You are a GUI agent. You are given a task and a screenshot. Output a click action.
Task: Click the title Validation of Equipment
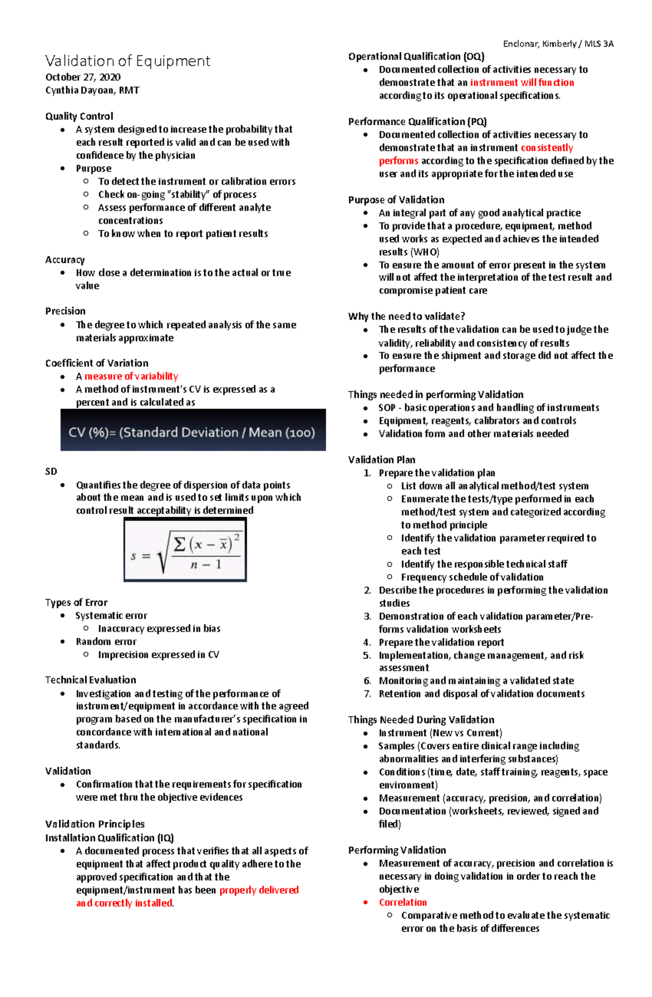[x=128, y=61]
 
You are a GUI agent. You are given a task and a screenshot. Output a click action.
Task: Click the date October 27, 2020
[x=83, y=77]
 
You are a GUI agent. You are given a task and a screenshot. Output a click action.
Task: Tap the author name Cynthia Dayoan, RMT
[x=92, y=90]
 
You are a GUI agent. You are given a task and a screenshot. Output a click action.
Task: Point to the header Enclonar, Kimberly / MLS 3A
[x=558, y=44]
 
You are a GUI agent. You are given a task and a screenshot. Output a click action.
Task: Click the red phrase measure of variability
[x=131, y=376]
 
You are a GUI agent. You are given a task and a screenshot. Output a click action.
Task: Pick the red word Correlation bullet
[x=403, y=902]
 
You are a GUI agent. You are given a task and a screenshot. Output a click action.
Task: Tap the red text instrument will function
[x=522, y=83]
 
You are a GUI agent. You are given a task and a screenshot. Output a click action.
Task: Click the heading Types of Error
[x=76, y=603]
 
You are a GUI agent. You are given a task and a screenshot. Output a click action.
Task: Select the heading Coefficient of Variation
[x=97, y=363]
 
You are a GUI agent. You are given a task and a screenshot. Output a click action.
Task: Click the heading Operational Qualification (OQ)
[x=416, y=57]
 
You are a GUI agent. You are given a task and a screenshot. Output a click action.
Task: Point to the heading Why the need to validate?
[x=406, y=316]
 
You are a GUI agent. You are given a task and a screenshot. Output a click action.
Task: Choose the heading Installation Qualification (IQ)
[x=109, y=838]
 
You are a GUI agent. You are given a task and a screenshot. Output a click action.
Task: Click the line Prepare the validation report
[x=441, y=642]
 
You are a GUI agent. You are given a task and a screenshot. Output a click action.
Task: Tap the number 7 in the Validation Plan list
[x=367, y=694]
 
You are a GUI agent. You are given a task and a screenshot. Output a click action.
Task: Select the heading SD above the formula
[x=51, y=472]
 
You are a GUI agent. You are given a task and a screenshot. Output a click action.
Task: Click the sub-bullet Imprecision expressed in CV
[x=158, y=655]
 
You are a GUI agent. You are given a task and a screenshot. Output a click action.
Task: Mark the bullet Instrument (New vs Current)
[x=440, y=733]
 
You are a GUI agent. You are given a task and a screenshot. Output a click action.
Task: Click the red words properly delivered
[x=259, y=890]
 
